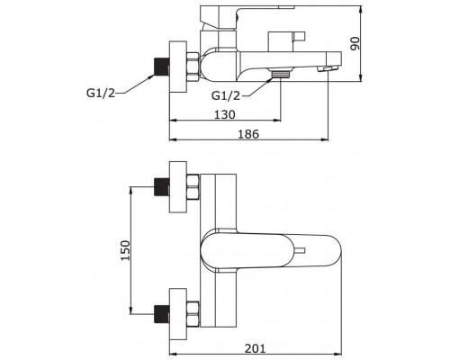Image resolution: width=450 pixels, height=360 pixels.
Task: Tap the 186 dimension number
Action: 248,134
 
